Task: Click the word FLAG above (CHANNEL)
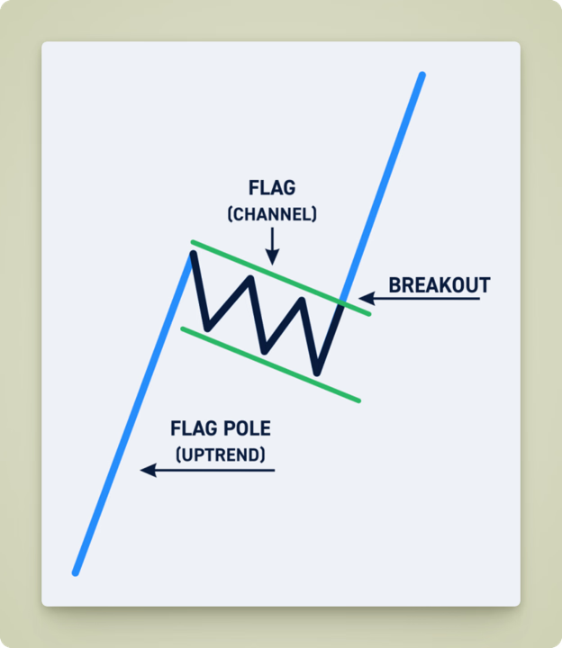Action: click(x=271, y=190)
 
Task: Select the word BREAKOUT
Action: click(x=439, y=286)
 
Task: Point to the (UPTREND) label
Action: click(x=221, y=454)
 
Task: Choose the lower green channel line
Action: click(x=270, y=364)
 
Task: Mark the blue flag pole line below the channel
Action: click(x=135, y=414)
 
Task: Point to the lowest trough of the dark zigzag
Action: click(x=316, y=372)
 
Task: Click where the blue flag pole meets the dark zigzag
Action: click(x=192, y=256)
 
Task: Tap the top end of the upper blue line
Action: click(x=421, y=76)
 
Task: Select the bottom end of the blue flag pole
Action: click(x=76, y=571)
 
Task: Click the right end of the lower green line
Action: click(x=358, y=400)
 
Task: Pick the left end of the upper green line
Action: click(x=193, y=242)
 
